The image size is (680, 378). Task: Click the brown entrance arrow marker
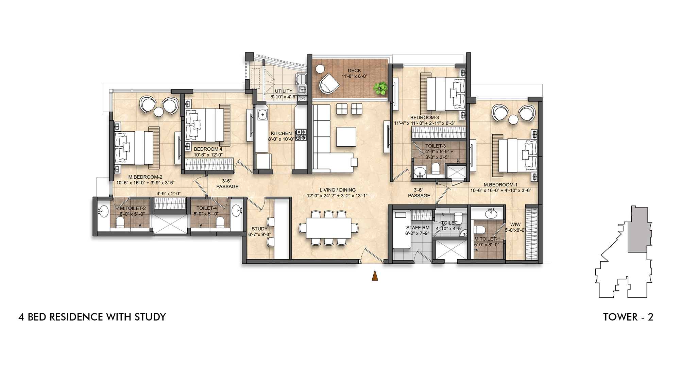coord(375,275)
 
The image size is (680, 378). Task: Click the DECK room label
coord(354,71)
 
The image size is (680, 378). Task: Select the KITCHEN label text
coord(281,133)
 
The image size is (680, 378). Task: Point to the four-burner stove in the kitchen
coord(301,135)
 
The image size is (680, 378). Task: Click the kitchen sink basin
coord(262,115)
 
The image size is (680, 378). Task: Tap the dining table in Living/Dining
coord(328,228)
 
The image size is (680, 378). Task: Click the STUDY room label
coord(259,229)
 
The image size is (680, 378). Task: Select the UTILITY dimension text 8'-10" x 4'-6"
coord(284,97)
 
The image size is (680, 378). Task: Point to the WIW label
coord(515,225)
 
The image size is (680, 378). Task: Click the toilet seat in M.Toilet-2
coord(120,223)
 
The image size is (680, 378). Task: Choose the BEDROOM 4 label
coord(208,149)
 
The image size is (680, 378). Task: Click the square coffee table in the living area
coord(346,136)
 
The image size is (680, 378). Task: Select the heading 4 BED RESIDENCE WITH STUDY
coord(92,317)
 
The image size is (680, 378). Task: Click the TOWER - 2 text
coord(628,317)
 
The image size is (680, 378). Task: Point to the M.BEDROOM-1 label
coord(500,185)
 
